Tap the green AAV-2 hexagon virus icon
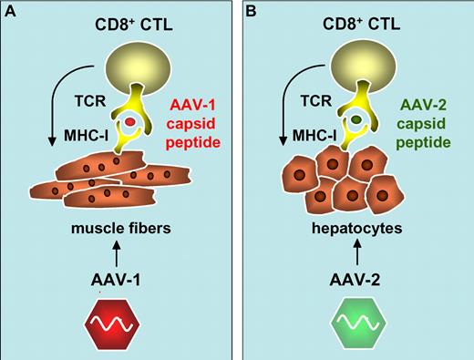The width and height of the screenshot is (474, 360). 356,324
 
